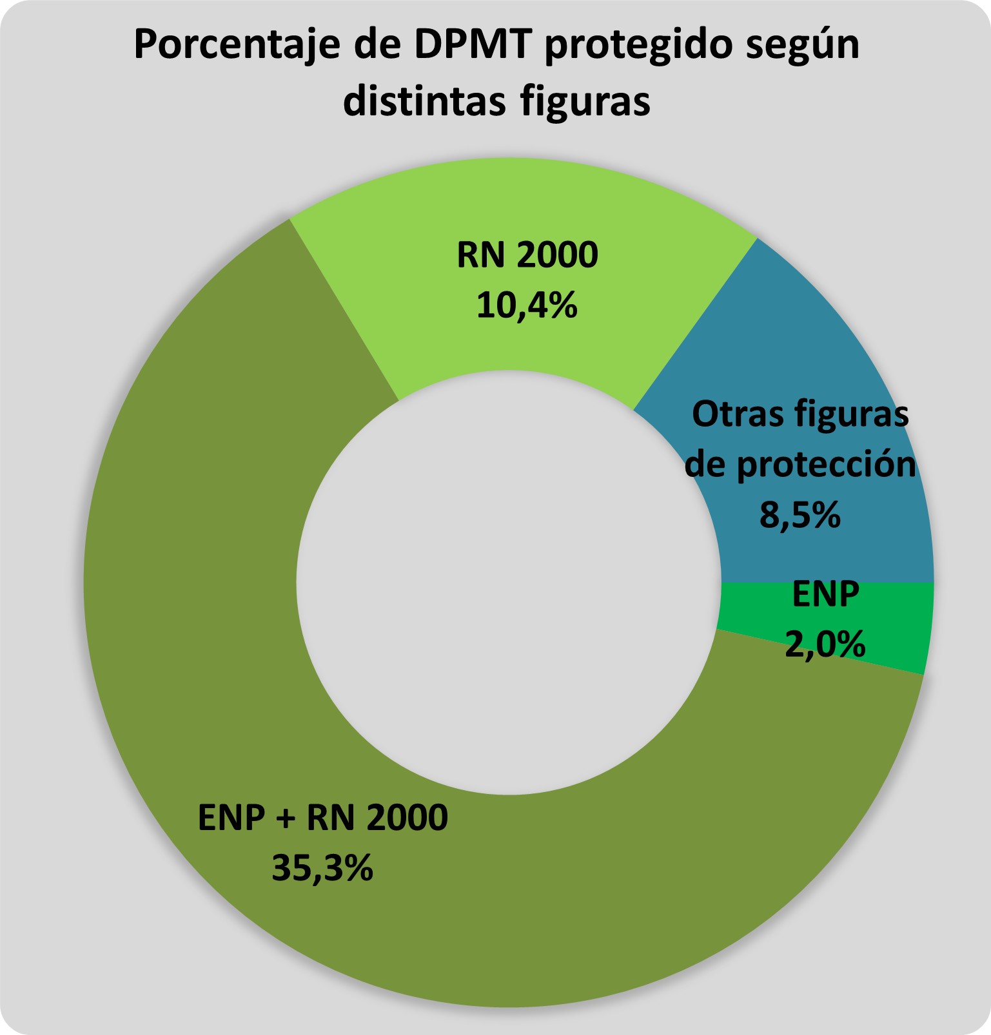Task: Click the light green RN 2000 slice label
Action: point(527,255)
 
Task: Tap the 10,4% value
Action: point(527,305)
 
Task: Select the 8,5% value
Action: point(800,515)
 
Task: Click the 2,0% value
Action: point(825,644)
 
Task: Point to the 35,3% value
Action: point(322,867)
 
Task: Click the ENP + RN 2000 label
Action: point(322,818)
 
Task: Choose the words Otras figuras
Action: point(800,414)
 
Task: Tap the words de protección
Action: point(800,464)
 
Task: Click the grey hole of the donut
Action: point(508,582)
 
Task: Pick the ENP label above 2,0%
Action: point(825,594)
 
